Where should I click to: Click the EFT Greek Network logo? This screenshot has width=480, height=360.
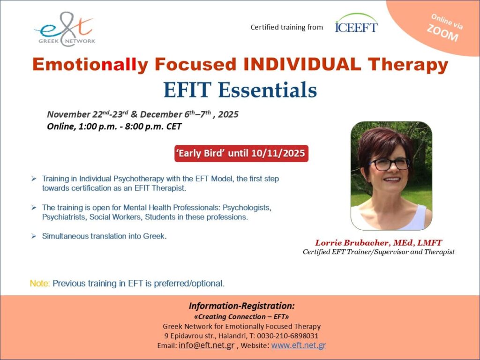click(65, 30)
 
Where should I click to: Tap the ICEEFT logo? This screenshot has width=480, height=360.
click(356, 23)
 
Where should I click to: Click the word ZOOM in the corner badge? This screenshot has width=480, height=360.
click(442, 33)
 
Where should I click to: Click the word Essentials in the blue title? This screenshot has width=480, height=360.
click(267, 90)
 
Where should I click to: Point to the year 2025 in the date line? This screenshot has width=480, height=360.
click(228, 114)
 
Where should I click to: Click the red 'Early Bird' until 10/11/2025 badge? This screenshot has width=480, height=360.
click(241, 153)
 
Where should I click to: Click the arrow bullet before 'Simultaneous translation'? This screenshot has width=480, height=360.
click(34, 236)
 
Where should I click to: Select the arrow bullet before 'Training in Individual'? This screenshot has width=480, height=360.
click(34, 179)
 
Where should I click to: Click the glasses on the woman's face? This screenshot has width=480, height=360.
click(390, 164)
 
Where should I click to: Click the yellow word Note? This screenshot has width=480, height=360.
click(40, 283)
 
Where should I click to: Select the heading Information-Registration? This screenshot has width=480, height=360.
click(241, 306)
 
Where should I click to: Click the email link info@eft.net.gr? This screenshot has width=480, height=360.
click(206, 345)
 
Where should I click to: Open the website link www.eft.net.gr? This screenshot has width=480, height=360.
click(299, 345)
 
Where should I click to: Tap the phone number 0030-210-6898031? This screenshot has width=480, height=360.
click(287, 336)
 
